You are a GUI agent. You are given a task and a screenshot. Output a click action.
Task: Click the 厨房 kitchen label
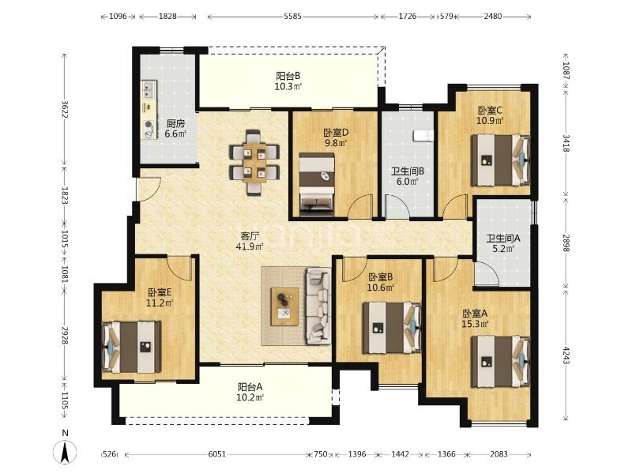pyautogui.click(x=175, y=124)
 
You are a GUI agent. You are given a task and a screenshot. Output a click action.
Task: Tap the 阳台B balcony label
pyautogui.click(x=288, y=76)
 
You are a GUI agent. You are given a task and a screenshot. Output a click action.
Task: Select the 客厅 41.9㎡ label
pyautogui.click(x=250, y=241)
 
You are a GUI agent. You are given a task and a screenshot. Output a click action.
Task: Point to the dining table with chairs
pyautogui.click(x=254, y=163)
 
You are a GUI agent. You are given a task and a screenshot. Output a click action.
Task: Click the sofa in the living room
pyautogui.click(x=319, y=306)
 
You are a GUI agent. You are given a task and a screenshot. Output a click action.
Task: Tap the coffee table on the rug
pyautogui.click(x=284, y=307)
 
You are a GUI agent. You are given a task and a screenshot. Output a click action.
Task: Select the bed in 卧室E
pyautogui.click(x=131, y=347)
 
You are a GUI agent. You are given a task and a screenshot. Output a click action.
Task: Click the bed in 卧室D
pyautogui.click(x=317, y=184)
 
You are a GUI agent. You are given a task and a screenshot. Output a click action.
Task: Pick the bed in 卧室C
pyautogui.click(x=501, y=160)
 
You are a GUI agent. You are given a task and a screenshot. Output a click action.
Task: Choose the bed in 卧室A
pyautogui.click(x=501, y=362)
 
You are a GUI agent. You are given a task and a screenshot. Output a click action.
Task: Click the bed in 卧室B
pyautogui.click(x=392, y=328)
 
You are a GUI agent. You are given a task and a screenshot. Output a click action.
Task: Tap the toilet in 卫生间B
pyautogui.click(x=423, y=135)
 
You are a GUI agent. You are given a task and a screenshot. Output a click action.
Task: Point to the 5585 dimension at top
pyautogui.click(x=292, y=17)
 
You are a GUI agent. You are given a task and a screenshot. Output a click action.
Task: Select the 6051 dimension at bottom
pyautogui.click(x=216, y=454)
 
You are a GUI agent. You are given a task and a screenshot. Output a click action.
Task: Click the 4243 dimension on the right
pyautogui.click(x=566, y=355)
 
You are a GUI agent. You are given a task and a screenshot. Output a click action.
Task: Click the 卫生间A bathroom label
pyautogui.click(x=503, y=239)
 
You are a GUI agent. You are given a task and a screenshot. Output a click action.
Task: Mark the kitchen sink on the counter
pyautogui.click(x=149, y=90)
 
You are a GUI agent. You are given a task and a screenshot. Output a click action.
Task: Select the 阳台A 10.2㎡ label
pyautogui.click(x=250, y=392)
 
